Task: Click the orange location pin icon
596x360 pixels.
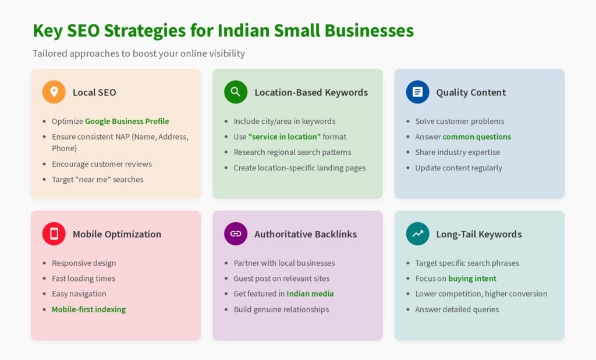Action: click(54, 92)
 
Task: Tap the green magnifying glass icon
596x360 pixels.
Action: click(236, 92)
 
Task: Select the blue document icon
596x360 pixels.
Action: click(417, 92)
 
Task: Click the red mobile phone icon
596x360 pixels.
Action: click(54, 234)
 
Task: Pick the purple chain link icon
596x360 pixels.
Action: click(236, 234)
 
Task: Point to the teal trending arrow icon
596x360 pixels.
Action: click(417, 234)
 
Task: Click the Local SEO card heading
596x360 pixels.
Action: click(94, 92)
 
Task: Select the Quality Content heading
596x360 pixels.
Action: click(471, 92)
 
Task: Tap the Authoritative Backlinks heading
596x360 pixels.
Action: click(306, 234)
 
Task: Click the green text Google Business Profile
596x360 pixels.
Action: click(127, 121)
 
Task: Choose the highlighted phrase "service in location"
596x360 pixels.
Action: click(284, 137)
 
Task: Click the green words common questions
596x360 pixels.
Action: click(477, 137)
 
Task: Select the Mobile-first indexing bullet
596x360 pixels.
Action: click(88, 309)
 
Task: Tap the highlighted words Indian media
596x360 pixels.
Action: click(310, 294)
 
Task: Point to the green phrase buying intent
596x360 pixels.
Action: click(472, 279)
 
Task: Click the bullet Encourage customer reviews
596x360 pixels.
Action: click(102, 164)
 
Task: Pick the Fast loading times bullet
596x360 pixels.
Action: click(84, 279)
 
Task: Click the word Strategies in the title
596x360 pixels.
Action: click(145, 31)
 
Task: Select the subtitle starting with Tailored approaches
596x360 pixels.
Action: click(139, 54)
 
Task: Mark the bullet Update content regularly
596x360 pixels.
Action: click(459, 168)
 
